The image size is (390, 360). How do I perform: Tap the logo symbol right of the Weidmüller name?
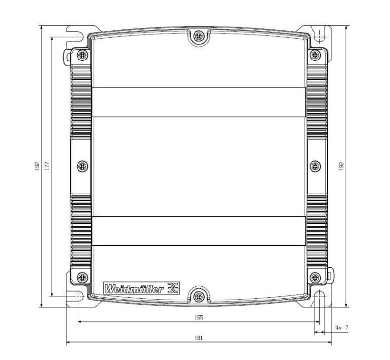[173, 289]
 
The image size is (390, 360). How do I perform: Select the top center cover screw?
[197, 37]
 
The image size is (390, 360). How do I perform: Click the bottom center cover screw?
[197, 296]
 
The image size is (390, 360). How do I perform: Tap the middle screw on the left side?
[83, 166]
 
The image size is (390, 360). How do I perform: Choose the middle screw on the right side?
[315, 166]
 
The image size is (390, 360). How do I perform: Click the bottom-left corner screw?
[82, 278]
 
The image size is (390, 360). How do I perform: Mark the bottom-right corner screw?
[315, 278]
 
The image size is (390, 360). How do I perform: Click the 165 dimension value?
[198, 317]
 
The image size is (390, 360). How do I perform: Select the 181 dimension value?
[198, 338]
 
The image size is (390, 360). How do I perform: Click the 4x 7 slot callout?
[342, 328]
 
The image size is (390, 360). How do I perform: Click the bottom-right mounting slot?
[320, 298]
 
